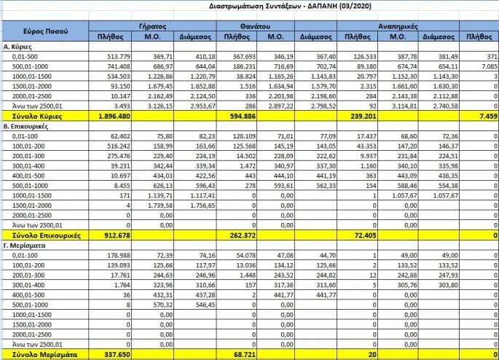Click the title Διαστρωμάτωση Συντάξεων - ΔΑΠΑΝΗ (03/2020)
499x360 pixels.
click(248, 7)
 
